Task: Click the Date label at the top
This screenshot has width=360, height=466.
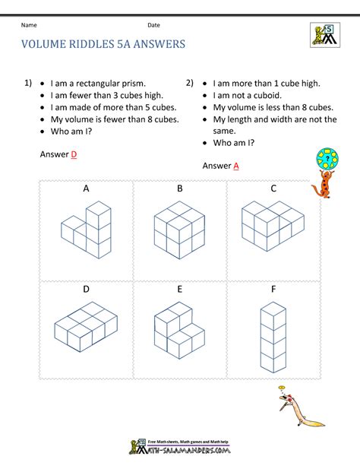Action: [x=154, y=25]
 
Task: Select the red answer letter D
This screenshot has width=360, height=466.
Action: [x=74, y=154]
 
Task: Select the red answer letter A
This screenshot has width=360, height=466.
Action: [x=236, y=166]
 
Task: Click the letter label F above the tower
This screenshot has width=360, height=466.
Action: [x=273, y=290]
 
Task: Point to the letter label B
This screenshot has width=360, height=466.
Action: [x=180, y=189]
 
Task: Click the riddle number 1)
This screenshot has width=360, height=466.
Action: [x=28, y=82]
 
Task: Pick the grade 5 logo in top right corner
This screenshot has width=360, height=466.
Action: [x=326, y=35]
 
